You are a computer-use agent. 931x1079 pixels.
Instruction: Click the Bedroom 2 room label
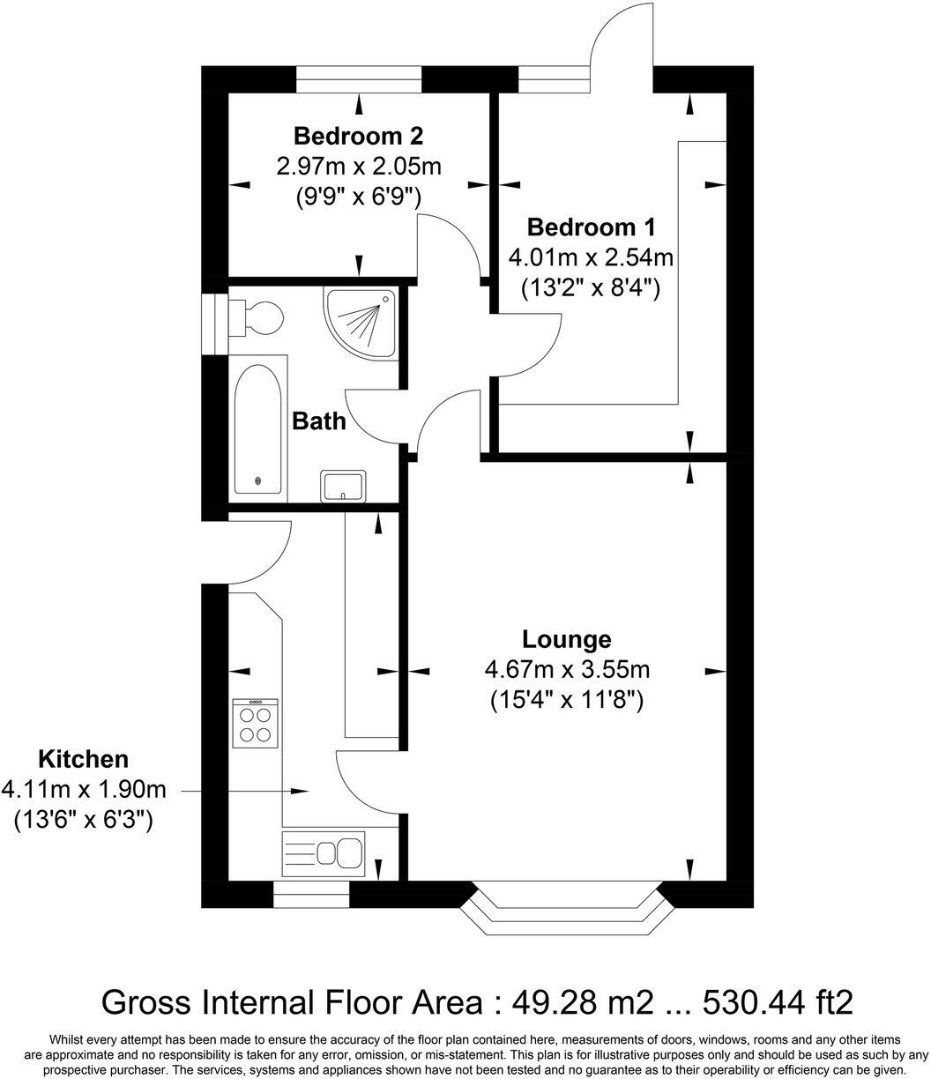[x=358, y=137]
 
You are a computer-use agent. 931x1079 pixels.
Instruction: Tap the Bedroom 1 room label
[x=591, y=227]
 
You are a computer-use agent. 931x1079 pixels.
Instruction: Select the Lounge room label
[x=566, y=639]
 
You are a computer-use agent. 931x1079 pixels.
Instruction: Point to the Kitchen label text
[x=83, y=759]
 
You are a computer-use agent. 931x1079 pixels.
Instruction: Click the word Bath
[x=318, y=421]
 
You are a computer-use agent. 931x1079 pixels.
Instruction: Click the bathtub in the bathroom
[x=258, y=429]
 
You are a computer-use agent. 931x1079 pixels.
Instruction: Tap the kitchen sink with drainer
[x=323, y=852]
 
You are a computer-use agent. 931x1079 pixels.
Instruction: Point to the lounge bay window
[x=565, y=907]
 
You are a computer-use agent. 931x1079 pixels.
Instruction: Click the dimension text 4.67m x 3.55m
[x=566, y=670]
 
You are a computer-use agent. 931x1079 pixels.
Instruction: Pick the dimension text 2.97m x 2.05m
[x=358, y=166]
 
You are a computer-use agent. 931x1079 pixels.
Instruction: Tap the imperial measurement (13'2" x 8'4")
[x=591, y=287]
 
